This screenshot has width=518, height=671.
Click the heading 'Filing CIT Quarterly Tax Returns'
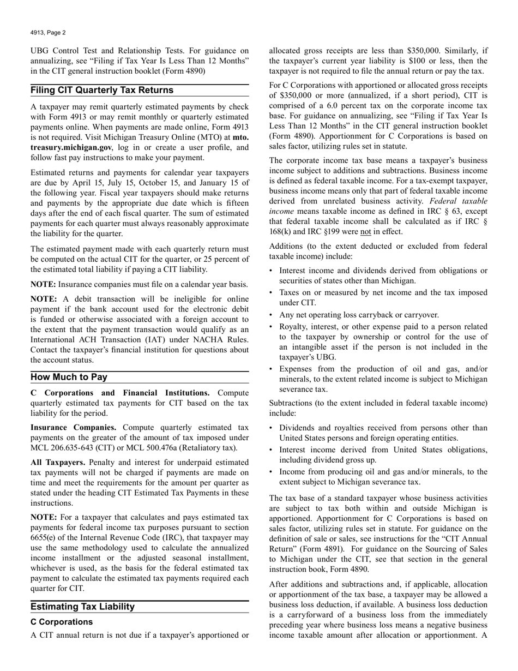[x=102, y=90]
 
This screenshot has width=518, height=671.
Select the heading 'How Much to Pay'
[x=69, y=377]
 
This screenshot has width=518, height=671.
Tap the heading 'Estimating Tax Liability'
[x=82, y=607]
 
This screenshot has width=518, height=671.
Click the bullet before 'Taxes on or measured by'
[x=272, y=293]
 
